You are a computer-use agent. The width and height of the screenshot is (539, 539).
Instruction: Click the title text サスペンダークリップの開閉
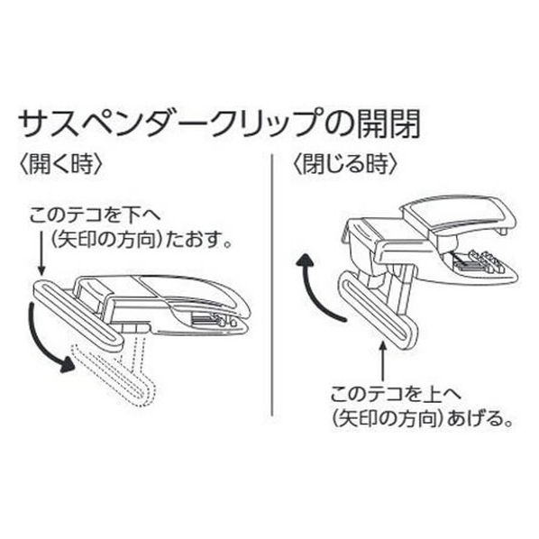[x=219, y=123]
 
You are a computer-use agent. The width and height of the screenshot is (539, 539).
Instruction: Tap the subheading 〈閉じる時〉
[x=345, y=164]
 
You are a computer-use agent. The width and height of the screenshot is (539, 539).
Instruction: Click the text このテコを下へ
[x=95, y=216]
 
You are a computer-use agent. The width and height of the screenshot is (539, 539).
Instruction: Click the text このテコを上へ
[x=396, y=395]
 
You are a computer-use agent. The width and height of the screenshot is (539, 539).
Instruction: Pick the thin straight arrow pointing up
[x=383, y=361]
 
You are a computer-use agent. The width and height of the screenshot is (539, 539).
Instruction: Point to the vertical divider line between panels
[x=272, y=285]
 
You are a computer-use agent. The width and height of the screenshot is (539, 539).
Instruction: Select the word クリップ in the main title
[x=260, y=123]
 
